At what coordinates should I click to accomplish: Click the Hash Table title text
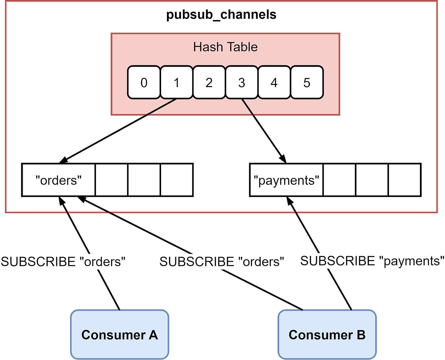point(225,47)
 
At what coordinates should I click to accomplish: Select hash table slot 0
point(144,83)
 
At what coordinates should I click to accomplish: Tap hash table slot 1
point(176,83)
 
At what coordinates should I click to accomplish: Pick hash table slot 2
point(209,83)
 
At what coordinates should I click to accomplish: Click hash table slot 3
point(241,83)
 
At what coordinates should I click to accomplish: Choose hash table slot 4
point(274,83)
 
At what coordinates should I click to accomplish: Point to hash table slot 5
point(307,83)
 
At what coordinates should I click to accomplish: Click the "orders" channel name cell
point(59,180)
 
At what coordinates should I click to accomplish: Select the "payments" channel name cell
point(286,180)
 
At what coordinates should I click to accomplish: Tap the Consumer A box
point(120,334)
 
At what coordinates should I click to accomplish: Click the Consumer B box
point(327,334)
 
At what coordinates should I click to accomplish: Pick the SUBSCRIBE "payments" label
point(372,261)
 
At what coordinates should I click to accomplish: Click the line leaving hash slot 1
point(160,108)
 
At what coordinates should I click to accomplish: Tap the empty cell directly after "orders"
point(112,180)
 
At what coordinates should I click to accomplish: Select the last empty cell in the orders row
point(176,180)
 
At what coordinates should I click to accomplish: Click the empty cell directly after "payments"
point(339,180)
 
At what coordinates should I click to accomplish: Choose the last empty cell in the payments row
point(404,180)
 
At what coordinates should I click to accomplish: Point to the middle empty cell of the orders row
point(144,180)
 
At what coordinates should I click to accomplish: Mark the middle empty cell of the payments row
point(372,180)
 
